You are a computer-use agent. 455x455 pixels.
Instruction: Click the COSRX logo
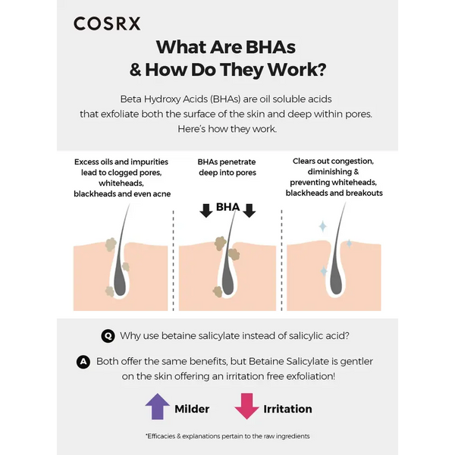click(x=107, y=24)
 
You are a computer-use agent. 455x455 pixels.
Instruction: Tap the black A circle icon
click(x=84, y=362)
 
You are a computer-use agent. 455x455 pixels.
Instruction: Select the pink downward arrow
click(x=246, y=406)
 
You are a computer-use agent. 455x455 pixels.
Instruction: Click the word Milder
click(x=192, y=409)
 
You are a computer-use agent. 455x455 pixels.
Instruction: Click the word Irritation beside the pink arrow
click(x=287, y=409)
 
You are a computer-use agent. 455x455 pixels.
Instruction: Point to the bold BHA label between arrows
click(x=227, y=206)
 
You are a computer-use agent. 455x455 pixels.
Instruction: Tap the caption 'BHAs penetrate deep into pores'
click(x=227, y=167)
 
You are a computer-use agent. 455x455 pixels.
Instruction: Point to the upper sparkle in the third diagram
click(x=322, y=226)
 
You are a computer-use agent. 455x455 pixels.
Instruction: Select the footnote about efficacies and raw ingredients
click(x=227, y=436)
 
